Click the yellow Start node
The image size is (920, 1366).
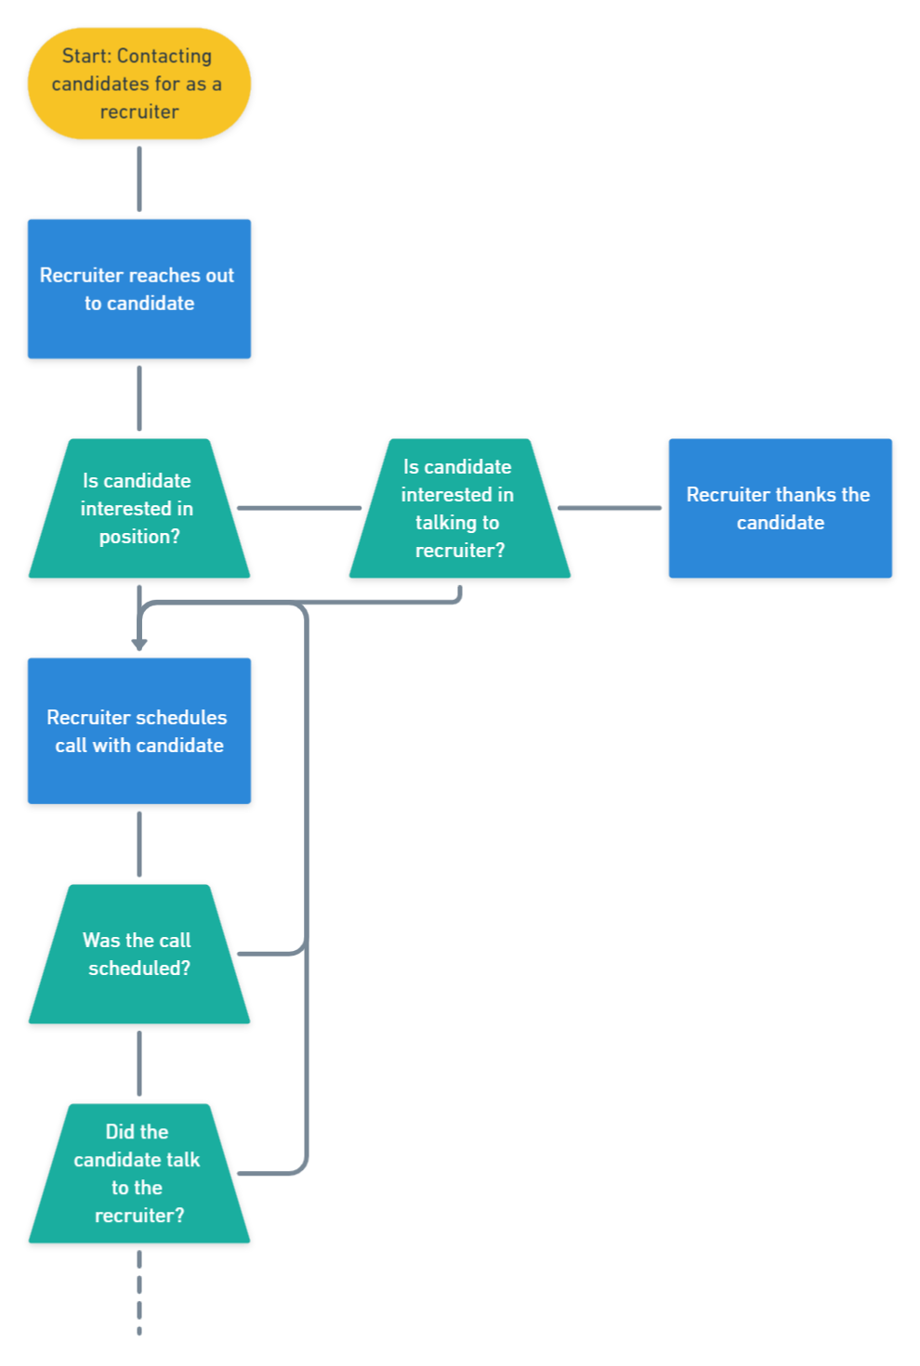point(139,84)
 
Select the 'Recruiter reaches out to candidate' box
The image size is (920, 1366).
point(139,289)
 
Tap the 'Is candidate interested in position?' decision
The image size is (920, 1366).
point(139,509)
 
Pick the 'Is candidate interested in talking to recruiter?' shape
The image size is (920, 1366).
point(459,509)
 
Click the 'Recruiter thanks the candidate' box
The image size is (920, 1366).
point(780,509)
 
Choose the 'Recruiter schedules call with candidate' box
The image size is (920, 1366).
point(139,731)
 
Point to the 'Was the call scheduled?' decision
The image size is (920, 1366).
point(139,954)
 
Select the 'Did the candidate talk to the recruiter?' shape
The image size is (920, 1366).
point(139,1174)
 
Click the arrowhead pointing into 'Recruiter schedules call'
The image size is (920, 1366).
point(139,644)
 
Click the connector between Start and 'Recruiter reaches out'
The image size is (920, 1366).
point(139,179)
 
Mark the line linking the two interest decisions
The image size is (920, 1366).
point(299,508)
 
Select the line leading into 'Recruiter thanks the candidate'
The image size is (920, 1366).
point(610,508)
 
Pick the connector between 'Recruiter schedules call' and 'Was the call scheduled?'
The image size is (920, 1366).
point(139,844)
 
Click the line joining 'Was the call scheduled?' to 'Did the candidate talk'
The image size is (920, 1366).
point(139,1064)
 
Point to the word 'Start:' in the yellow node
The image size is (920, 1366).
point(86,56)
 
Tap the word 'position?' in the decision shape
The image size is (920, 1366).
point(139,537)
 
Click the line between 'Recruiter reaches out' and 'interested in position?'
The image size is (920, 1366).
point(139,399)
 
